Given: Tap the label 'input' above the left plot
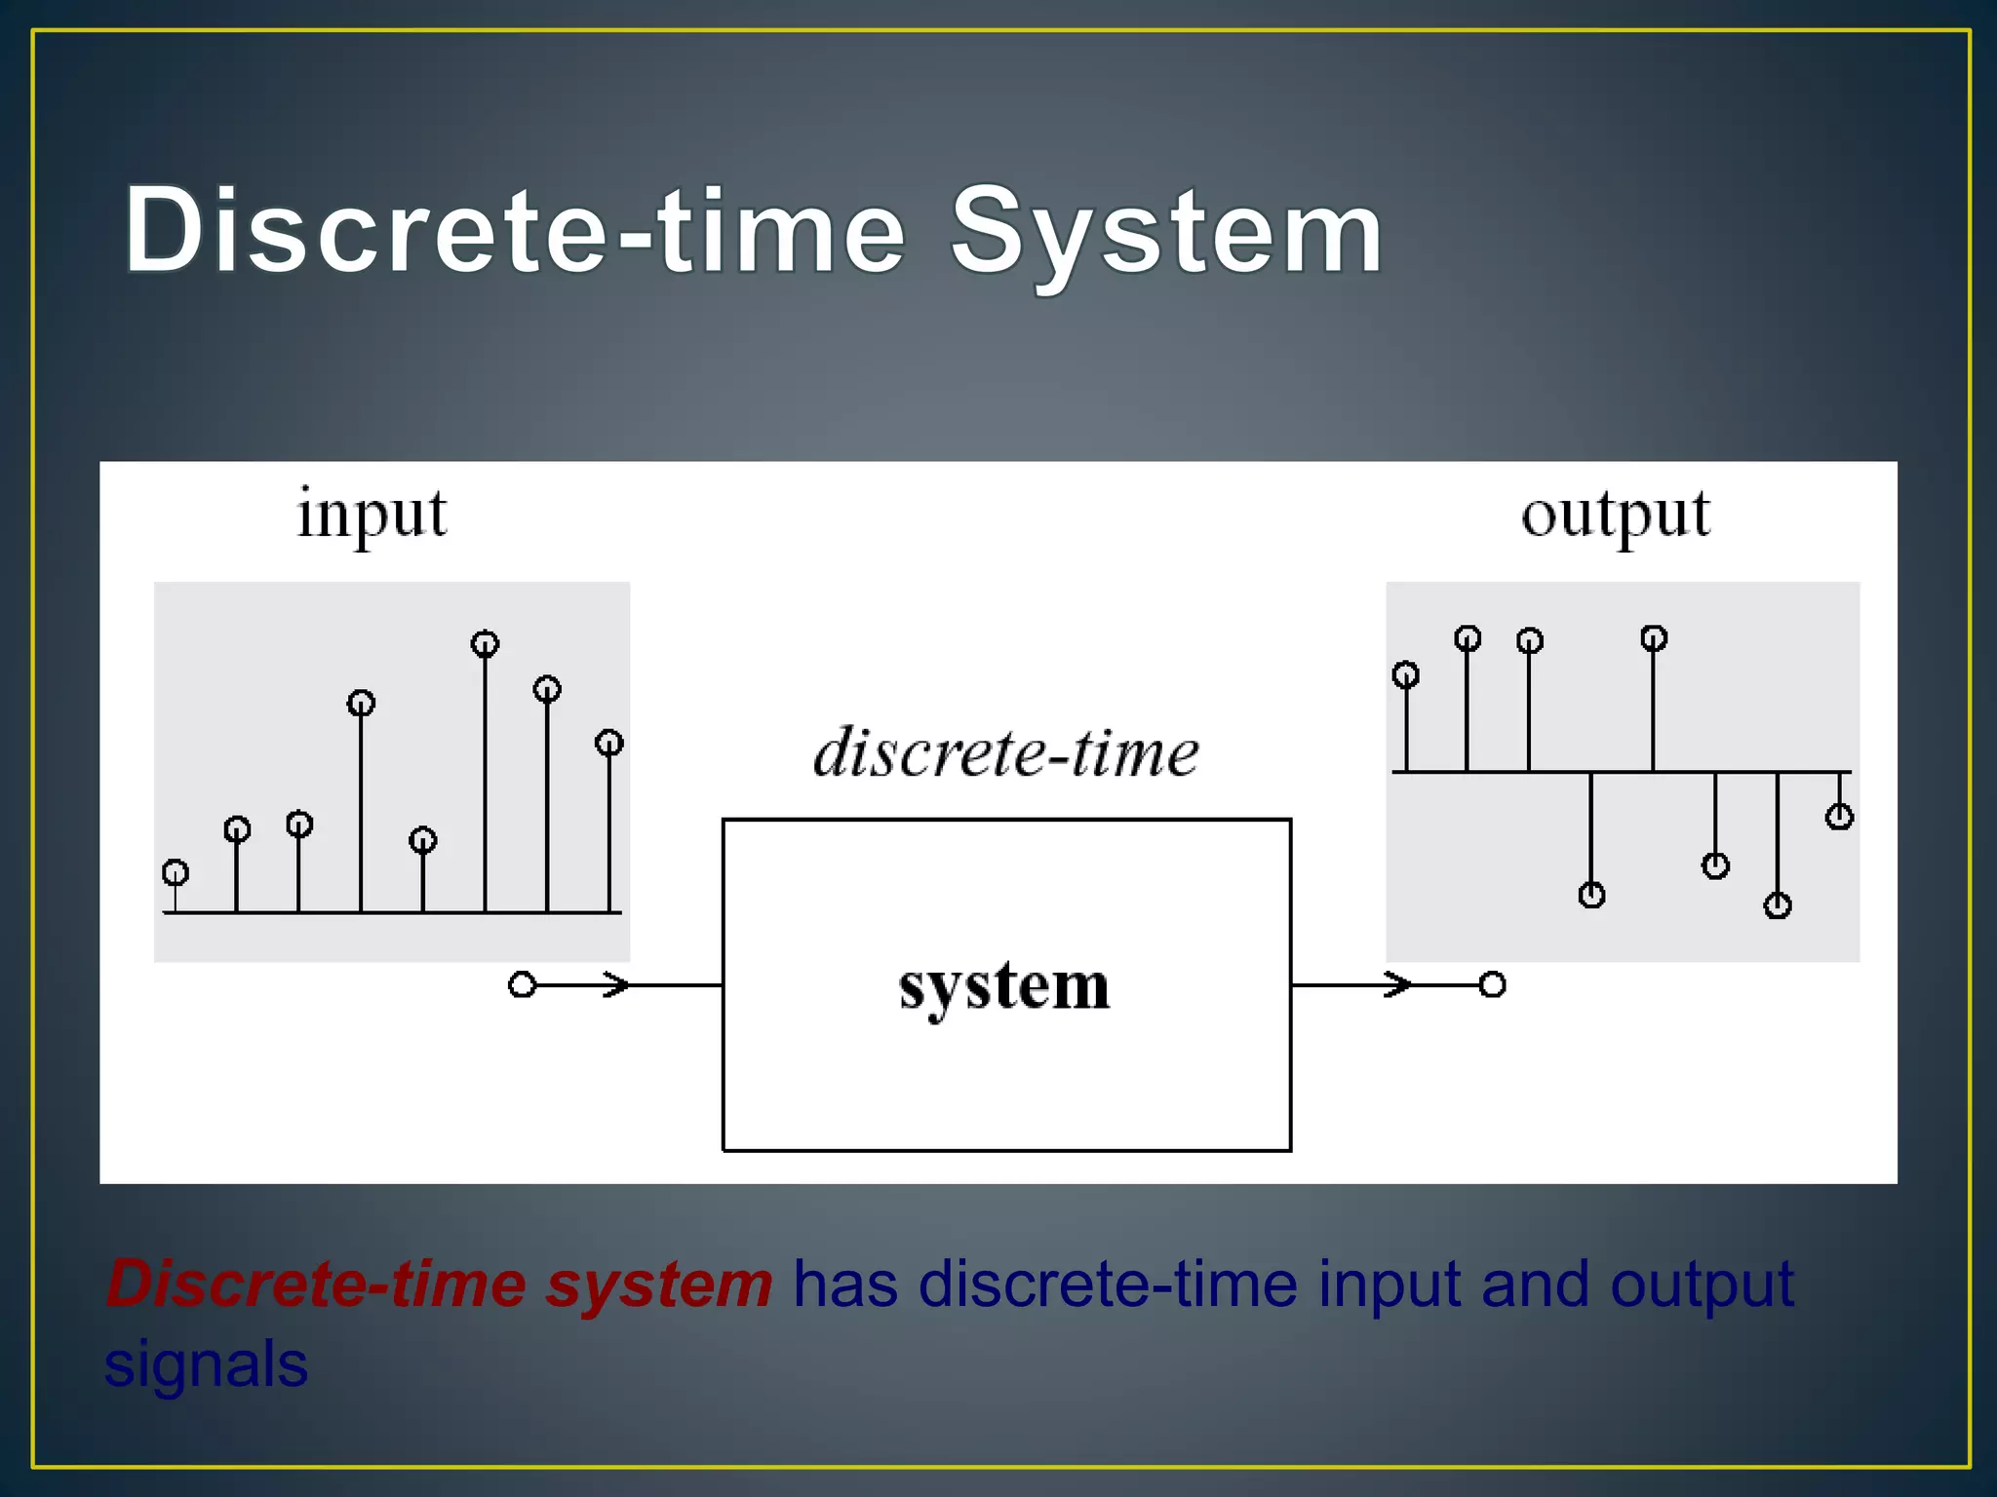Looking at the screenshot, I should click(372, 515).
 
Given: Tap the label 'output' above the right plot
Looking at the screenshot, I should click(1616, 515).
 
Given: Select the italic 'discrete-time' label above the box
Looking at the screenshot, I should click(1006, 753).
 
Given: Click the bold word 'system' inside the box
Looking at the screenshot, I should click(1004, 986).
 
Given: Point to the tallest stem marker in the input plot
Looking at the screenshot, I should click(485, 644).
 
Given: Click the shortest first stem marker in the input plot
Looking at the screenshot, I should click(176, 872).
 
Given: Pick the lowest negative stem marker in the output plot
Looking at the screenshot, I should click(1778, 906).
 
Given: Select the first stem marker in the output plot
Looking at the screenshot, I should click(1405, 674).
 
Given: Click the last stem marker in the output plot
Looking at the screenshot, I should click(1839, 817).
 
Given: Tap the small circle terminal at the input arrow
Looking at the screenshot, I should click(523, 985).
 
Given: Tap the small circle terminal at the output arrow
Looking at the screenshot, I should click(1492, 985).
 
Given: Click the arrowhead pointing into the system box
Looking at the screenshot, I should click(616, 985).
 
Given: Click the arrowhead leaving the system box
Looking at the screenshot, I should click(1398, 985).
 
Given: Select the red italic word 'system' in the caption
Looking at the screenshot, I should click(659, 1285).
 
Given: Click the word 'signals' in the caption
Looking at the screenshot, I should click(207, 1364).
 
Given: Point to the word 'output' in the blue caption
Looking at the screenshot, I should click(1702, 1285).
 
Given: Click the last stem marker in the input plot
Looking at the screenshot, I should click(609, 744).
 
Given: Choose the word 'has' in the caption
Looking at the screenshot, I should click(844, 1285).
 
